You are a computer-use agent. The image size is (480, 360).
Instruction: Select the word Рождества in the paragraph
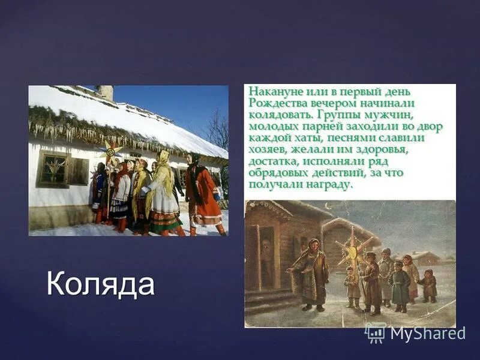(x=275, y=102)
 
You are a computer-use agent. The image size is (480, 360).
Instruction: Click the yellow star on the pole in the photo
(x=111, y=149)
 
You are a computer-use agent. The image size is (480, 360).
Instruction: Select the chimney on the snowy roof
(x=106, y=92)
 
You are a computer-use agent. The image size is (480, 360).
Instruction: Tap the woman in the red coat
(x=202, y=192)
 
